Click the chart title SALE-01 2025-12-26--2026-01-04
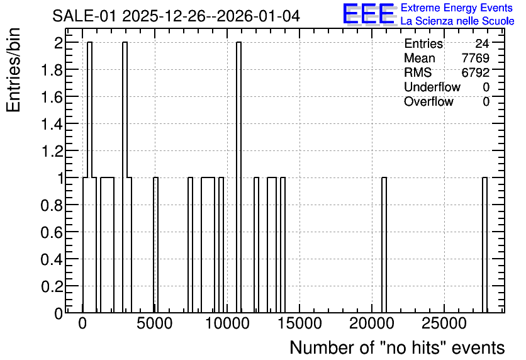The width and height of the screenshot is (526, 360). coord(176,16)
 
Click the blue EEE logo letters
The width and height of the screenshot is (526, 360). coord(369,14)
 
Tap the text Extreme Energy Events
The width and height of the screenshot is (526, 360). coord(457,8)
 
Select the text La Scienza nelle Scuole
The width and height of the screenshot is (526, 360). coord(457,21)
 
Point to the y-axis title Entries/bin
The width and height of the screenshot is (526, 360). coord(14,70)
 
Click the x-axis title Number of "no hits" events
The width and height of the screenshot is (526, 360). coord(397,347)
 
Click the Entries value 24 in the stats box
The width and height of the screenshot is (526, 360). coord(482,43)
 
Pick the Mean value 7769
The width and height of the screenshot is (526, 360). coord(475,58)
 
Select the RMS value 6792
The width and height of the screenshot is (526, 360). coord(475,72)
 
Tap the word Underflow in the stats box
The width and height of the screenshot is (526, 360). coord(432,87)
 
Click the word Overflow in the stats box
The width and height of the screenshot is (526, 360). coord(428,101)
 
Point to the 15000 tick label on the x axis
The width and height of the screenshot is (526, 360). coord(299,323)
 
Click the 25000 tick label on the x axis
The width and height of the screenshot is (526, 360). coord(444,323)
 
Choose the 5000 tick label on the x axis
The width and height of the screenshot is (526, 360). coord(155,323)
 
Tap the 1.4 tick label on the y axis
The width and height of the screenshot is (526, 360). coord(52,124)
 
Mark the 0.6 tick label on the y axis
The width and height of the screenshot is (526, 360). coord(52,232)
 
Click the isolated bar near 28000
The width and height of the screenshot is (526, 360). coord(484,245)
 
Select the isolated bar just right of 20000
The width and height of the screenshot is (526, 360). coord(384,245)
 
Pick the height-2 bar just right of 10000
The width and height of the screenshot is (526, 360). coord(239,177)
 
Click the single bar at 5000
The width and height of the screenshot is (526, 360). coord(155,245)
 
